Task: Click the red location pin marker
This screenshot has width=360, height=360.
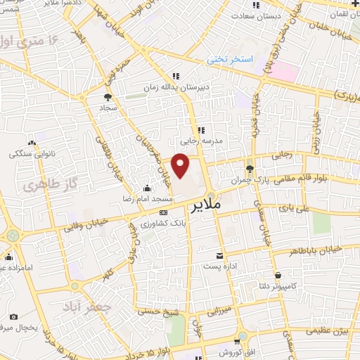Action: coord(181,166)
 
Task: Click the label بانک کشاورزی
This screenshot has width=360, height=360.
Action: coord(163,223)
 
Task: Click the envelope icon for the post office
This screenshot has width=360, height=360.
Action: coord(221,256)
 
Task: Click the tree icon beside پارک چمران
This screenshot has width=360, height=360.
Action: coord(249,168)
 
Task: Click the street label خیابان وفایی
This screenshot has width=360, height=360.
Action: coord(86,225)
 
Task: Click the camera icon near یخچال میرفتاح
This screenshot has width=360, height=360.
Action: coord(13,317)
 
